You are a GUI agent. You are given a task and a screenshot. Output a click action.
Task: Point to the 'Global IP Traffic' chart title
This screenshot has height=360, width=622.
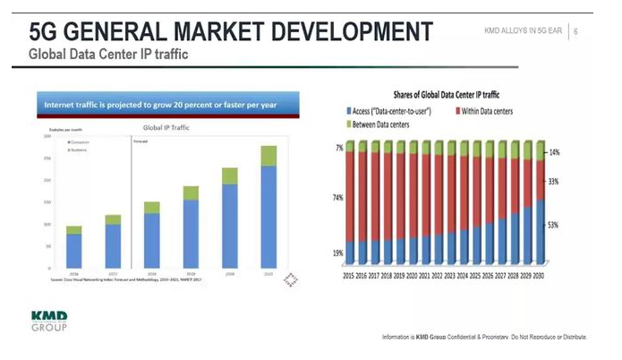166,127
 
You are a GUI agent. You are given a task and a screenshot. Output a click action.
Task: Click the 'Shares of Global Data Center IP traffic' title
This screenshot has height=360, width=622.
447,93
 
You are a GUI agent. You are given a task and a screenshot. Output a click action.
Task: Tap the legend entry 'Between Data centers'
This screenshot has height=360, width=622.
380,124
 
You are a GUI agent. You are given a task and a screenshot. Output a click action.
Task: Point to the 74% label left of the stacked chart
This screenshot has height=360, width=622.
337,197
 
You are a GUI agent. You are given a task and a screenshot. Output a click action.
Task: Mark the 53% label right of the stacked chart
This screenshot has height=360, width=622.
553,226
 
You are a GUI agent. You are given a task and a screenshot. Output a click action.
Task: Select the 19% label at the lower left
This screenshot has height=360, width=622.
337,253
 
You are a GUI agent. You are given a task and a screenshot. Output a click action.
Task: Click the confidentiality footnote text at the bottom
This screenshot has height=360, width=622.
483,337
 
